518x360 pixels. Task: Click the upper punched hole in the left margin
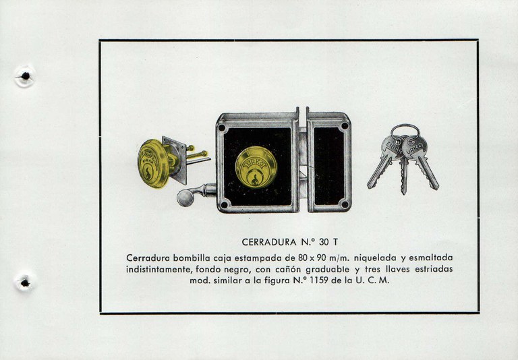point(25,76)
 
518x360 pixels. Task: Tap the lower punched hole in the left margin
point(25,282)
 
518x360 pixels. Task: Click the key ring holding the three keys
point(405,133)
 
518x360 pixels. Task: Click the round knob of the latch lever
point(184,197)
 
